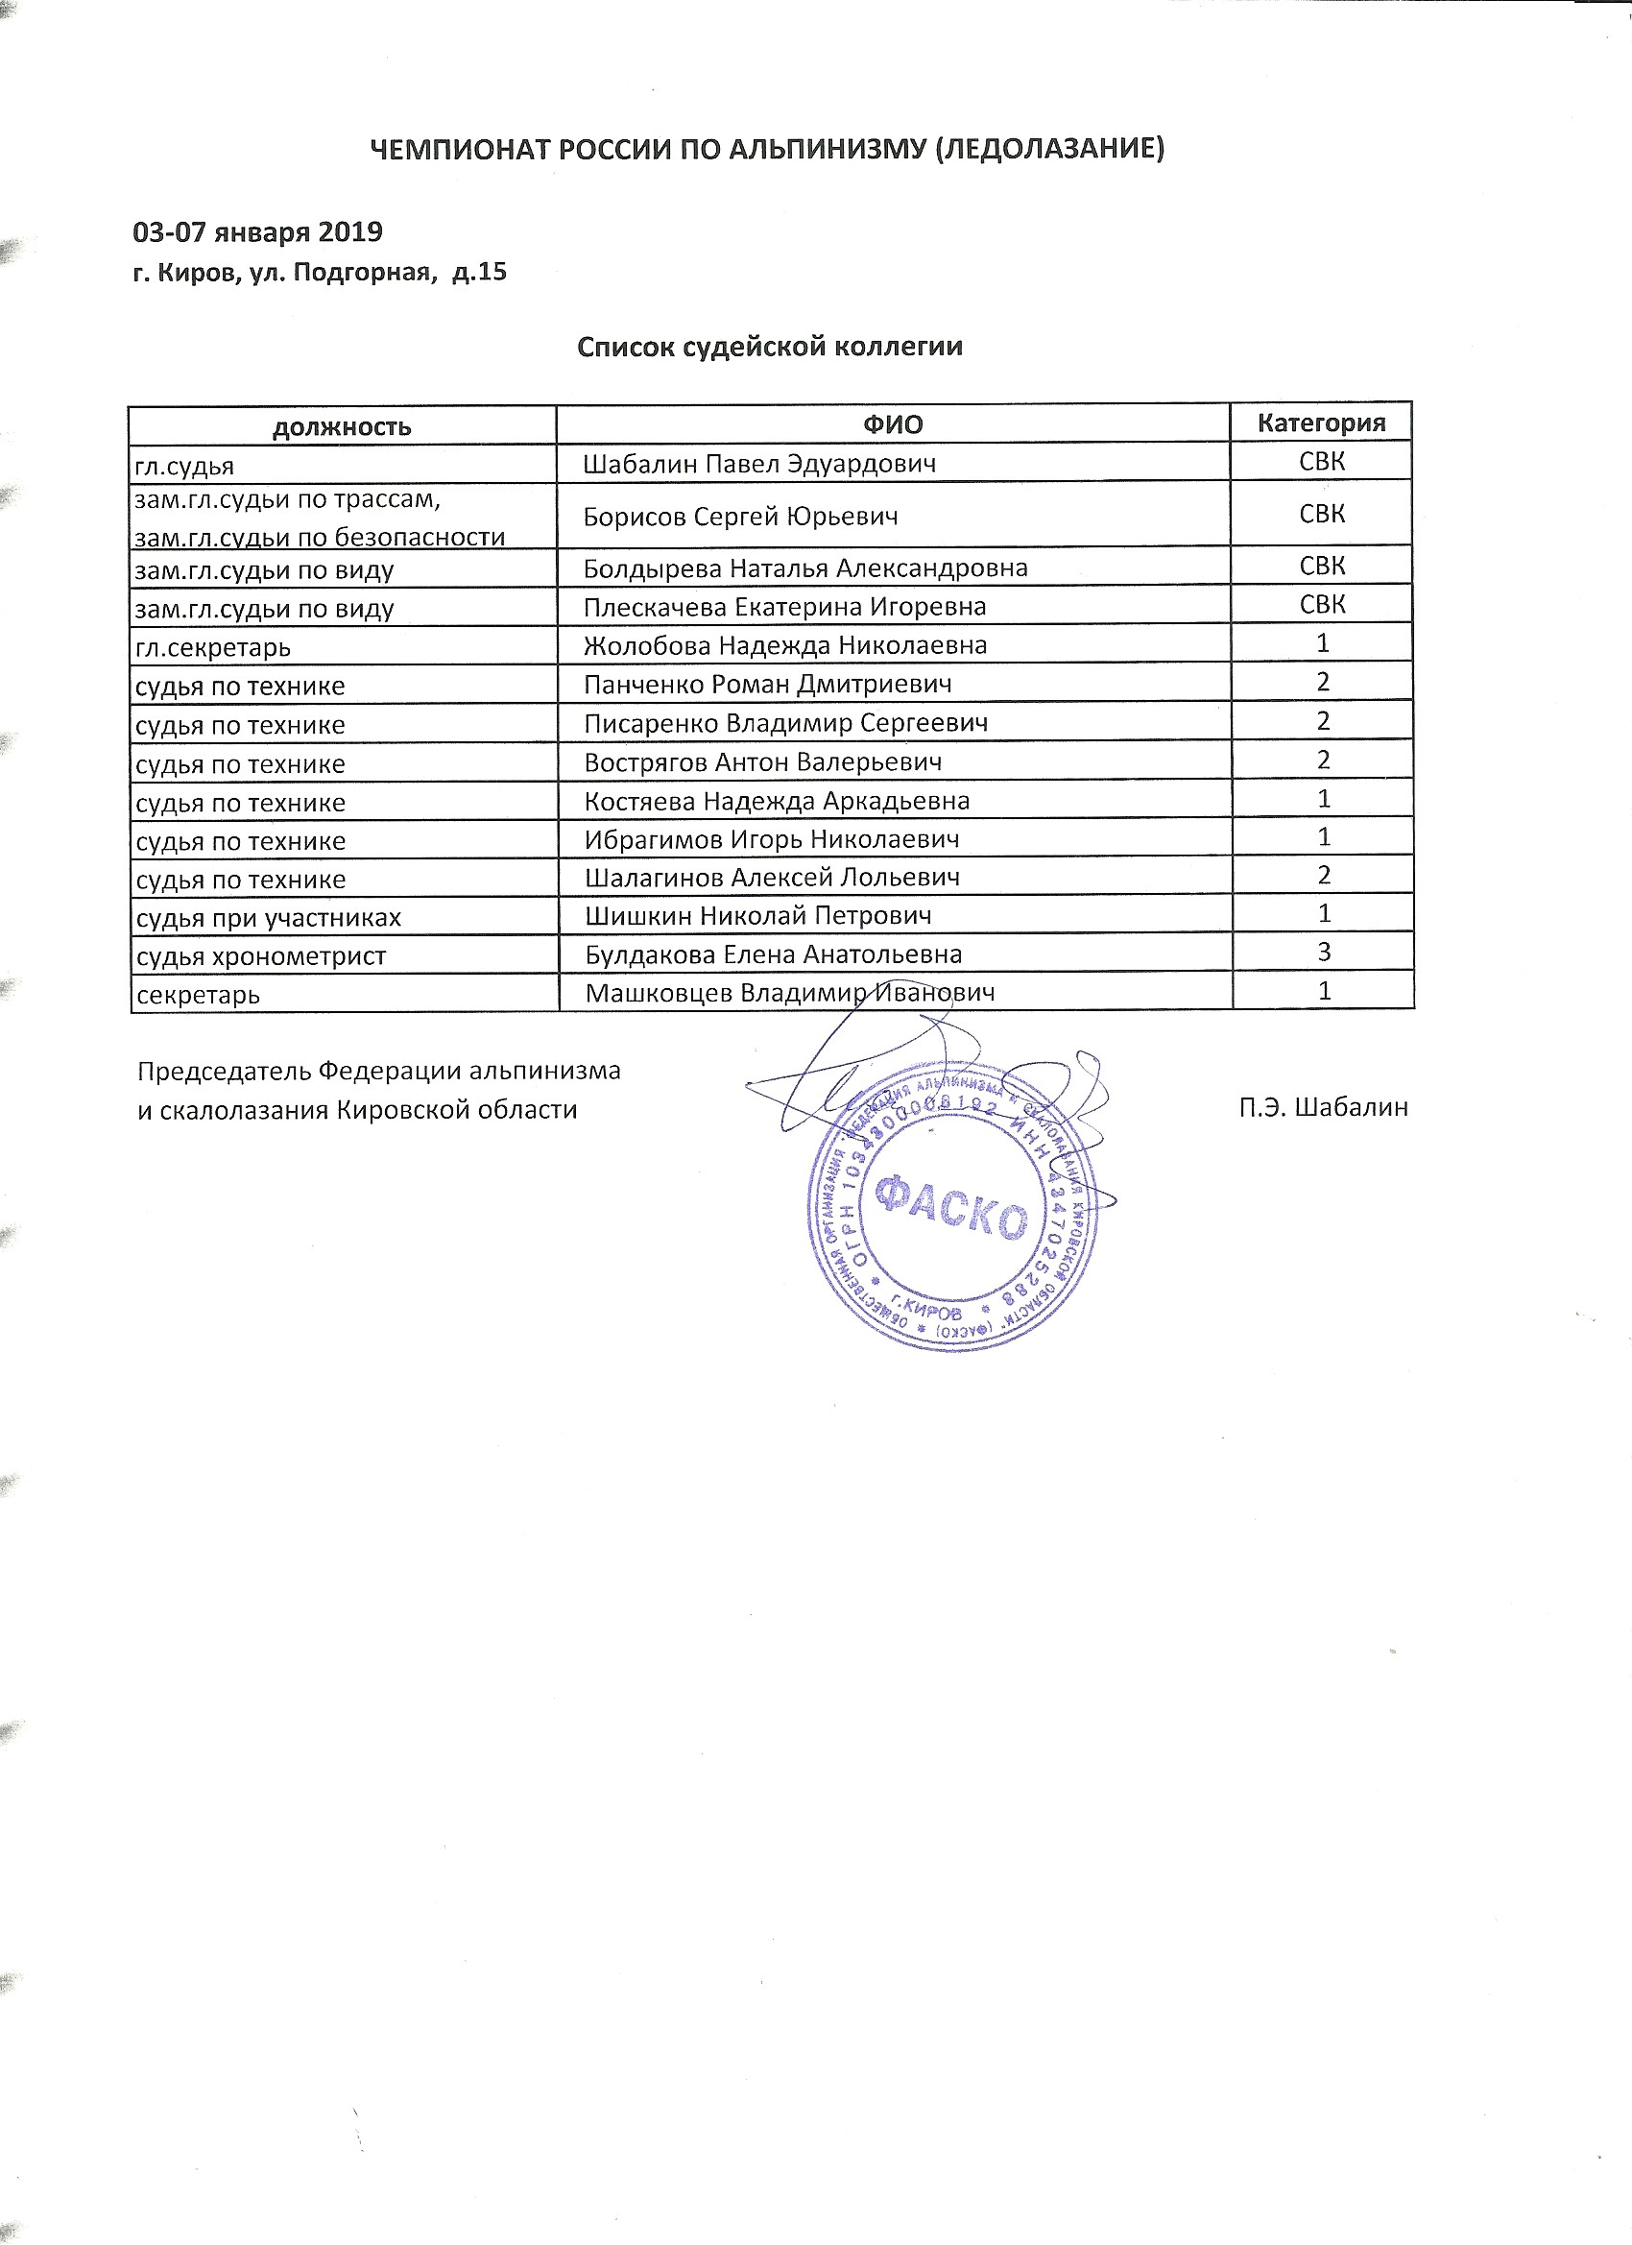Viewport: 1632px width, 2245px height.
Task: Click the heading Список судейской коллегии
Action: coord(769,347)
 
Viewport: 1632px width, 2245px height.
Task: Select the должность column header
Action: coord(342,426)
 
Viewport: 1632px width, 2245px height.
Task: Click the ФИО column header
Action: coord(892,424)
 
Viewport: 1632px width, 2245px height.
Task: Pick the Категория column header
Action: coord(1320,422)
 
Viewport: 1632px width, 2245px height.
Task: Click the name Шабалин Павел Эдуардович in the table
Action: coord(759,463)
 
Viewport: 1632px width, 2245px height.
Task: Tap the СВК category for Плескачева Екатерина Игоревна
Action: coord(1322,604)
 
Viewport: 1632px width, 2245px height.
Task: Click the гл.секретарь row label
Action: coord(213,647)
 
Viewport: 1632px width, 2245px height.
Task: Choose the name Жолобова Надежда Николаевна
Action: coord(785,645)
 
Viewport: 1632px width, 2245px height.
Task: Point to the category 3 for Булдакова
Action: coord(1323,953)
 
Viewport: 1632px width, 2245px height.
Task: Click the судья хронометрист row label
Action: coord(260,956)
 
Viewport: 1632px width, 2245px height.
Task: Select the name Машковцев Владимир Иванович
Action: coord(789,993)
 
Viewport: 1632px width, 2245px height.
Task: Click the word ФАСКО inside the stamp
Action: coord(953,1206)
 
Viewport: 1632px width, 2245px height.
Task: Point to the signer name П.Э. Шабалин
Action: coord(1322,1108)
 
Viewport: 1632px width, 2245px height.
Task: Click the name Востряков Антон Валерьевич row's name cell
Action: coord(762,762)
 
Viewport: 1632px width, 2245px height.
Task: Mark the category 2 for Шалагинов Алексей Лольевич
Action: coord(1323,875)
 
